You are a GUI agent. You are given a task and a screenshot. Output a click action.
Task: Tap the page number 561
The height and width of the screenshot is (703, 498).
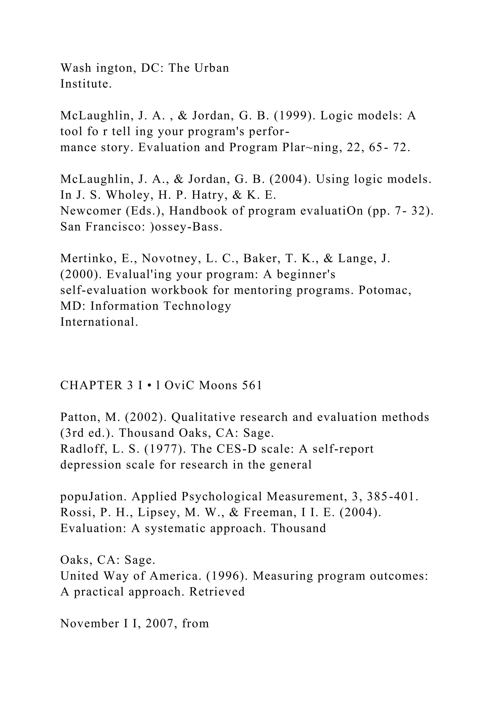click(252, 385)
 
